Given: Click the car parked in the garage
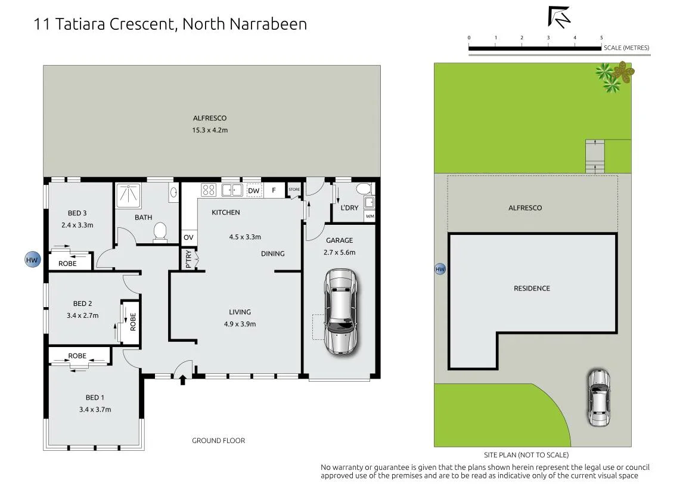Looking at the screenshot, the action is click(x=341, y=311).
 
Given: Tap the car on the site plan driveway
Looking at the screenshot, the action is click(x=598, y=398).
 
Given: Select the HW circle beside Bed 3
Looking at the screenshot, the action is click(x=32, y=259).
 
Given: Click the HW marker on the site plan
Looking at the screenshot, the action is click(x=440, y=269).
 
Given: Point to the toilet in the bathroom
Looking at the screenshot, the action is click(x=160, y=232).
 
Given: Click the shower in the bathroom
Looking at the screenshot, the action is click(x=129, y=195).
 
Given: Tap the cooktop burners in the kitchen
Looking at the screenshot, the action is click(x=208, y=190).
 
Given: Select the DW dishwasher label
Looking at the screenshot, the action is click(x=253, y=190).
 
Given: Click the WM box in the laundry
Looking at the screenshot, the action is click(x=370, y=216).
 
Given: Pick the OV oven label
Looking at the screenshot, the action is click(x=188, y=237).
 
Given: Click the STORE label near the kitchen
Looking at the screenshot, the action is click(x=294, y=190).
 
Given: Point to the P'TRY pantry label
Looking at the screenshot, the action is click(x=188, y=259).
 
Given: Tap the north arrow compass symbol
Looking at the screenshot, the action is click(x=559, y=17).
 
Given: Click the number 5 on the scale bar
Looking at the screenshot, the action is click(x=601, y=38).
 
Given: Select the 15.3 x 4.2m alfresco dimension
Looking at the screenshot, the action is click(x=210, y=130).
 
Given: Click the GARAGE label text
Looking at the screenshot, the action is click(x=340, y=240).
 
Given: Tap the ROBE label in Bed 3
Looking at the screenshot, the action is click(x=67, y=264).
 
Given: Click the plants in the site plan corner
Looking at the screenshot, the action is click(x=614, y=76).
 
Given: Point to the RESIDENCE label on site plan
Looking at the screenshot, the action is click(x=532, y=288).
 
